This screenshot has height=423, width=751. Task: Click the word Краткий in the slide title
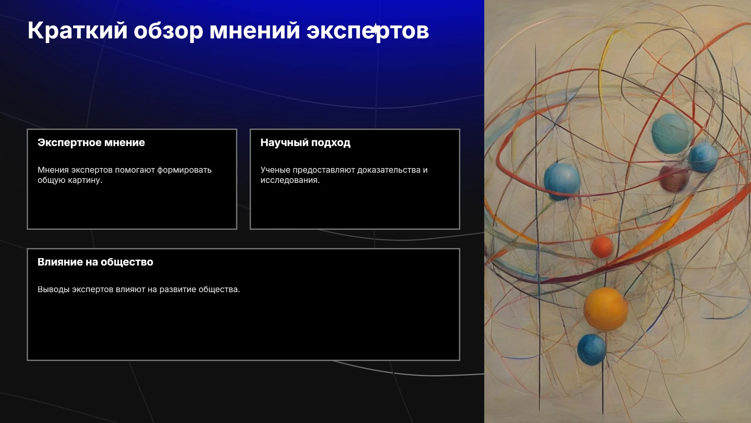coord(77,31)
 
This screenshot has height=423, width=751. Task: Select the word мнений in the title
coord(255,31)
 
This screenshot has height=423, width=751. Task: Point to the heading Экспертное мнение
coord(91,143)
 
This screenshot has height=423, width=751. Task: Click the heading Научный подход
coord(305,143)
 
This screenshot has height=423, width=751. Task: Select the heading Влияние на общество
coord(95,262)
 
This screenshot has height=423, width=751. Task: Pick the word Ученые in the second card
coord(275,170)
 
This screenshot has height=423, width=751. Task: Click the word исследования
coord(290,180)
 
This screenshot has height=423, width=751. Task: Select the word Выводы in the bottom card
coord(53,289)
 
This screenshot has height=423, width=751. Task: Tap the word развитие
coord(178,289)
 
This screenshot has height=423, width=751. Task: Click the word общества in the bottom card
coord(219,289)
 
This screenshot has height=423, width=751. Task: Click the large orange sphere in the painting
coord(605,309)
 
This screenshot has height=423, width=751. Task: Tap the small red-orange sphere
coord(602,246)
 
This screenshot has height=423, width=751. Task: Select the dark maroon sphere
coord(674,179)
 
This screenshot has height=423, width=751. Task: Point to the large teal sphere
coord(672,133)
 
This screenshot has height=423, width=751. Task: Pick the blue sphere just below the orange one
coord(591,349)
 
